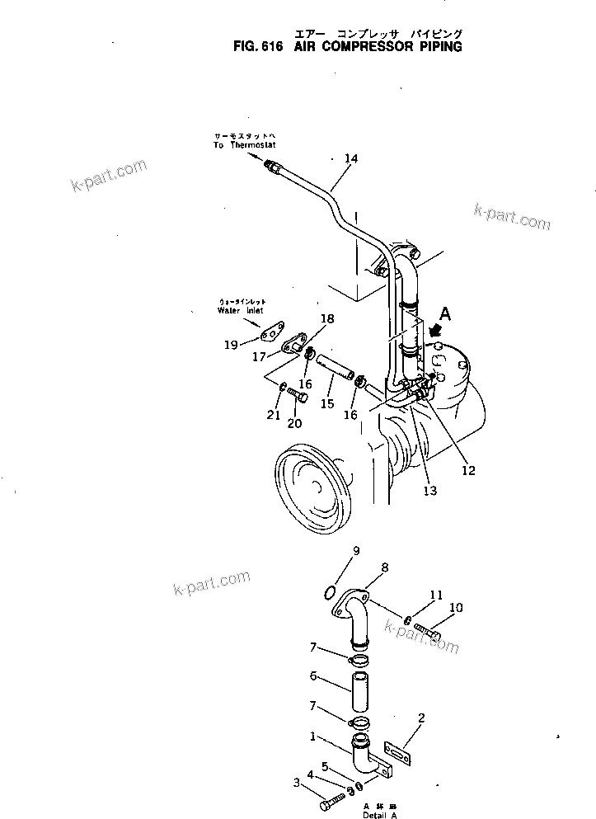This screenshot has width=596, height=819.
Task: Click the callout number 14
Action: pos(351,158)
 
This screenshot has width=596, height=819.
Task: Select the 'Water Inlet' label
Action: pos(242,311)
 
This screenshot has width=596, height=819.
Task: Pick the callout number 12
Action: pos(468,472)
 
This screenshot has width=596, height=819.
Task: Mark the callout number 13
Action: pos(429,490)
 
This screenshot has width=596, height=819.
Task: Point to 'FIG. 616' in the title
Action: pos(258,47)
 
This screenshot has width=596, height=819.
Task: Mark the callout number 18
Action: pos(327,319)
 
